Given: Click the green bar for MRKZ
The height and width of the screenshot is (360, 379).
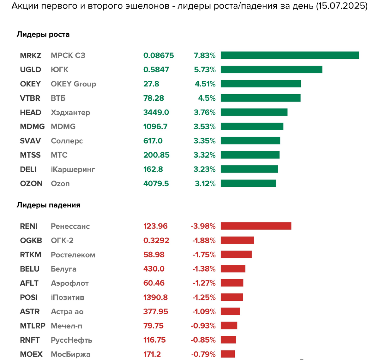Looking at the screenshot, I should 290,55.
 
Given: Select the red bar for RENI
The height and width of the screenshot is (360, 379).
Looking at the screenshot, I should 256,226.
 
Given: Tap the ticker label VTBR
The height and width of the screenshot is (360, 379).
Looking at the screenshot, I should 30,98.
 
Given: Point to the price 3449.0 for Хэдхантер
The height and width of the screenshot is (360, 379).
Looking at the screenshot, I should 156,112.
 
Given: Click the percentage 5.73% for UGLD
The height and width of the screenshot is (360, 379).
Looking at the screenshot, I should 205,69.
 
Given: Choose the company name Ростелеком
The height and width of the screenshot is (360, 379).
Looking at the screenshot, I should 73,255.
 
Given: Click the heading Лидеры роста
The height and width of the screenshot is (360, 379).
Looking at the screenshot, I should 43,34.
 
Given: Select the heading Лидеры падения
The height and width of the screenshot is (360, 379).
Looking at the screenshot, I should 48,205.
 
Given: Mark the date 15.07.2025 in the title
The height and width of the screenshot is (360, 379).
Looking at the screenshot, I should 341,6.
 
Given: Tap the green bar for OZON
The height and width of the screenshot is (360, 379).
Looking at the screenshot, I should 248,183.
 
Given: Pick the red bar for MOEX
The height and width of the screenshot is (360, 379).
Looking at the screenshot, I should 228,354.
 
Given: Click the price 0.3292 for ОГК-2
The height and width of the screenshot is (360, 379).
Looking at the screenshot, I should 156,240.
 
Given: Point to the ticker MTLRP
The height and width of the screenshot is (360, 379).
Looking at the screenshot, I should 33,326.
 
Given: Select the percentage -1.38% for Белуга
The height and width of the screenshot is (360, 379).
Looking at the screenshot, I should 204,269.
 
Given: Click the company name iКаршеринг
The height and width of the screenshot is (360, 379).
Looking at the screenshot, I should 73,169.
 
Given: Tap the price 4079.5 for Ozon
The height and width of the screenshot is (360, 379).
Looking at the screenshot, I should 156,183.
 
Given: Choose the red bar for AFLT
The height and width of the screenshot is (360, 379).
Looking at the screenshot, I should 232,283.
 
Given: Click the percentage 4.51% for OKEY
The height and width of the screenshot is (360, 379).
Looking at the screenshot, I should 205,84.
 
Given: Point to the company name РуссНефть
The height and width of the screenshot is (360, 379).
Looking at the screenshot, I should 71,340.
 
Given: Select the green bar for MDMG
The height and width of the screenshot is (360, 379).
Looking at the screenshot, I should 252,127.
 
